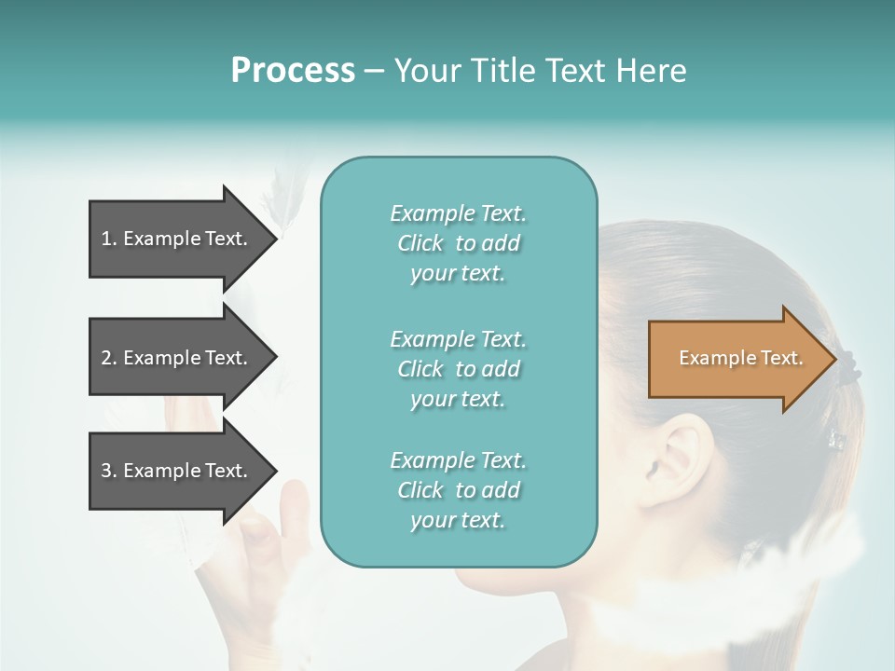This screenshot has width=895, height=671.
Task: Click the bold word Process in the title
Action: click(293, 71)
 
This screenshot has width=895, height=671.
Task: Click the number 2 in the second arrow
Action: click(105, 358)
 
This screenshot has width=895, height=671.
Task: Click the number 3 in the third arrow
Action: click(105, 471)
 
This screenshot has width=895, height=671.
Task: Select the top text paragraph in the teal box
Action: click(458, 243)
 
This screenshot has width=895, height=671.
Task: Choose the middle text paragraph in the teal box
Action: click(458, 368)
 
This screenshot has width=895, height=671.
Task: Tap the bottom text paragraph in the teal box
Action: click(458, 490)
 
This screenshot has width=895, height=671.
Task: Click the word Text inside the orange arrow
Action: click(782, 358)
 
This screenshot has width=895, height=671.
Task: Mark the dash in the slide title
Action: click(374, 71)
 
